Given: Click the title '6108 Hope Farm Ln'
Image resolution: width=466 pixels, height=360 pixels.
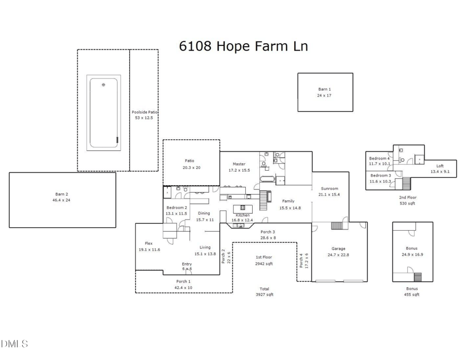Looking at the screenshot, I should coord(242,45).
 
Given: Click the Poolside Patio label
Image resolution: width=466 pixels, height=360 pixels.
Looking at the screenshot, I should coord(144,112).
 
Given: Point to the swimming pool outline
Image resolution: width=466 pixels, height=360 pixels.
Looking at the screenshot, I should coord(104,112).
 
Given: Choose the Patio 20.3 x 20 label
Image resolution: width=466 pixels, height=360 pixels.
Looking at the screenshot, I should coord(190,161).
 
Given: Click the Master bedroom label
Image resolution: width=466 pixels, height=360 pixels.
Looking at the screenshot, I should coord(239,164).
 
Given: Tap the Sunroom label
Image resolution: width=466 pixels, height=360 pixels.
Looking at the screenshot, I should coord(330,188).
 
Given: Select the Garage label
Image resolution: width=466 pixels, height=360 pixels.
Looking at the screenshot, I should coord(338,248).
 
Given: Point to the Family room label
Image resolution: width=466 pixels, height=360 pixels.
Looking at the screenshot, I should coord(289,201).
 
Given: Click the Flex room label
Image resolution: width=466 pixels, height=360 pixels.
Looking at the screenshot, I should coord(149,243).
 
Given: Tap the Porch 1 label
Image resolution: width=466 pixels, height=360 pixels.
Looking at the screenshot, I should coord(183,281).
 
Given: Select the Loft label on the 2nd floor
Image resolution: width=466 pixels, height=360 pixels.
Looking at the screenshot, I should coord(440,166).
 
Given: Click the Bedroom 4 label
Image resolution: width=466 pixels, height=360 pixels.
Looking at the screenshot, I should coord(379,158).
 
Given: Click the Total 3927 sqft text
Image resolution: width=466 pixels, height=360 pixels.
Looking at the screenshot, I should coord(264,292).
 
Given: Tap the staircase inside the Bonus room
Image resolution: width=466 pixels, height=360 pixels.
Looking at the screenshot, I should coord(417,276).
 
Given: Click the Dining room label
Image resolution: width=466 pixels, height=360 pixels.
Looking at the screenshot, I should coord(204,213).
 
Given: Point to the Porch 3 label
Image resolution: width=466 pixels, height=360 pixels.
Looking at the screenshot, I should coord(267,232).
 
